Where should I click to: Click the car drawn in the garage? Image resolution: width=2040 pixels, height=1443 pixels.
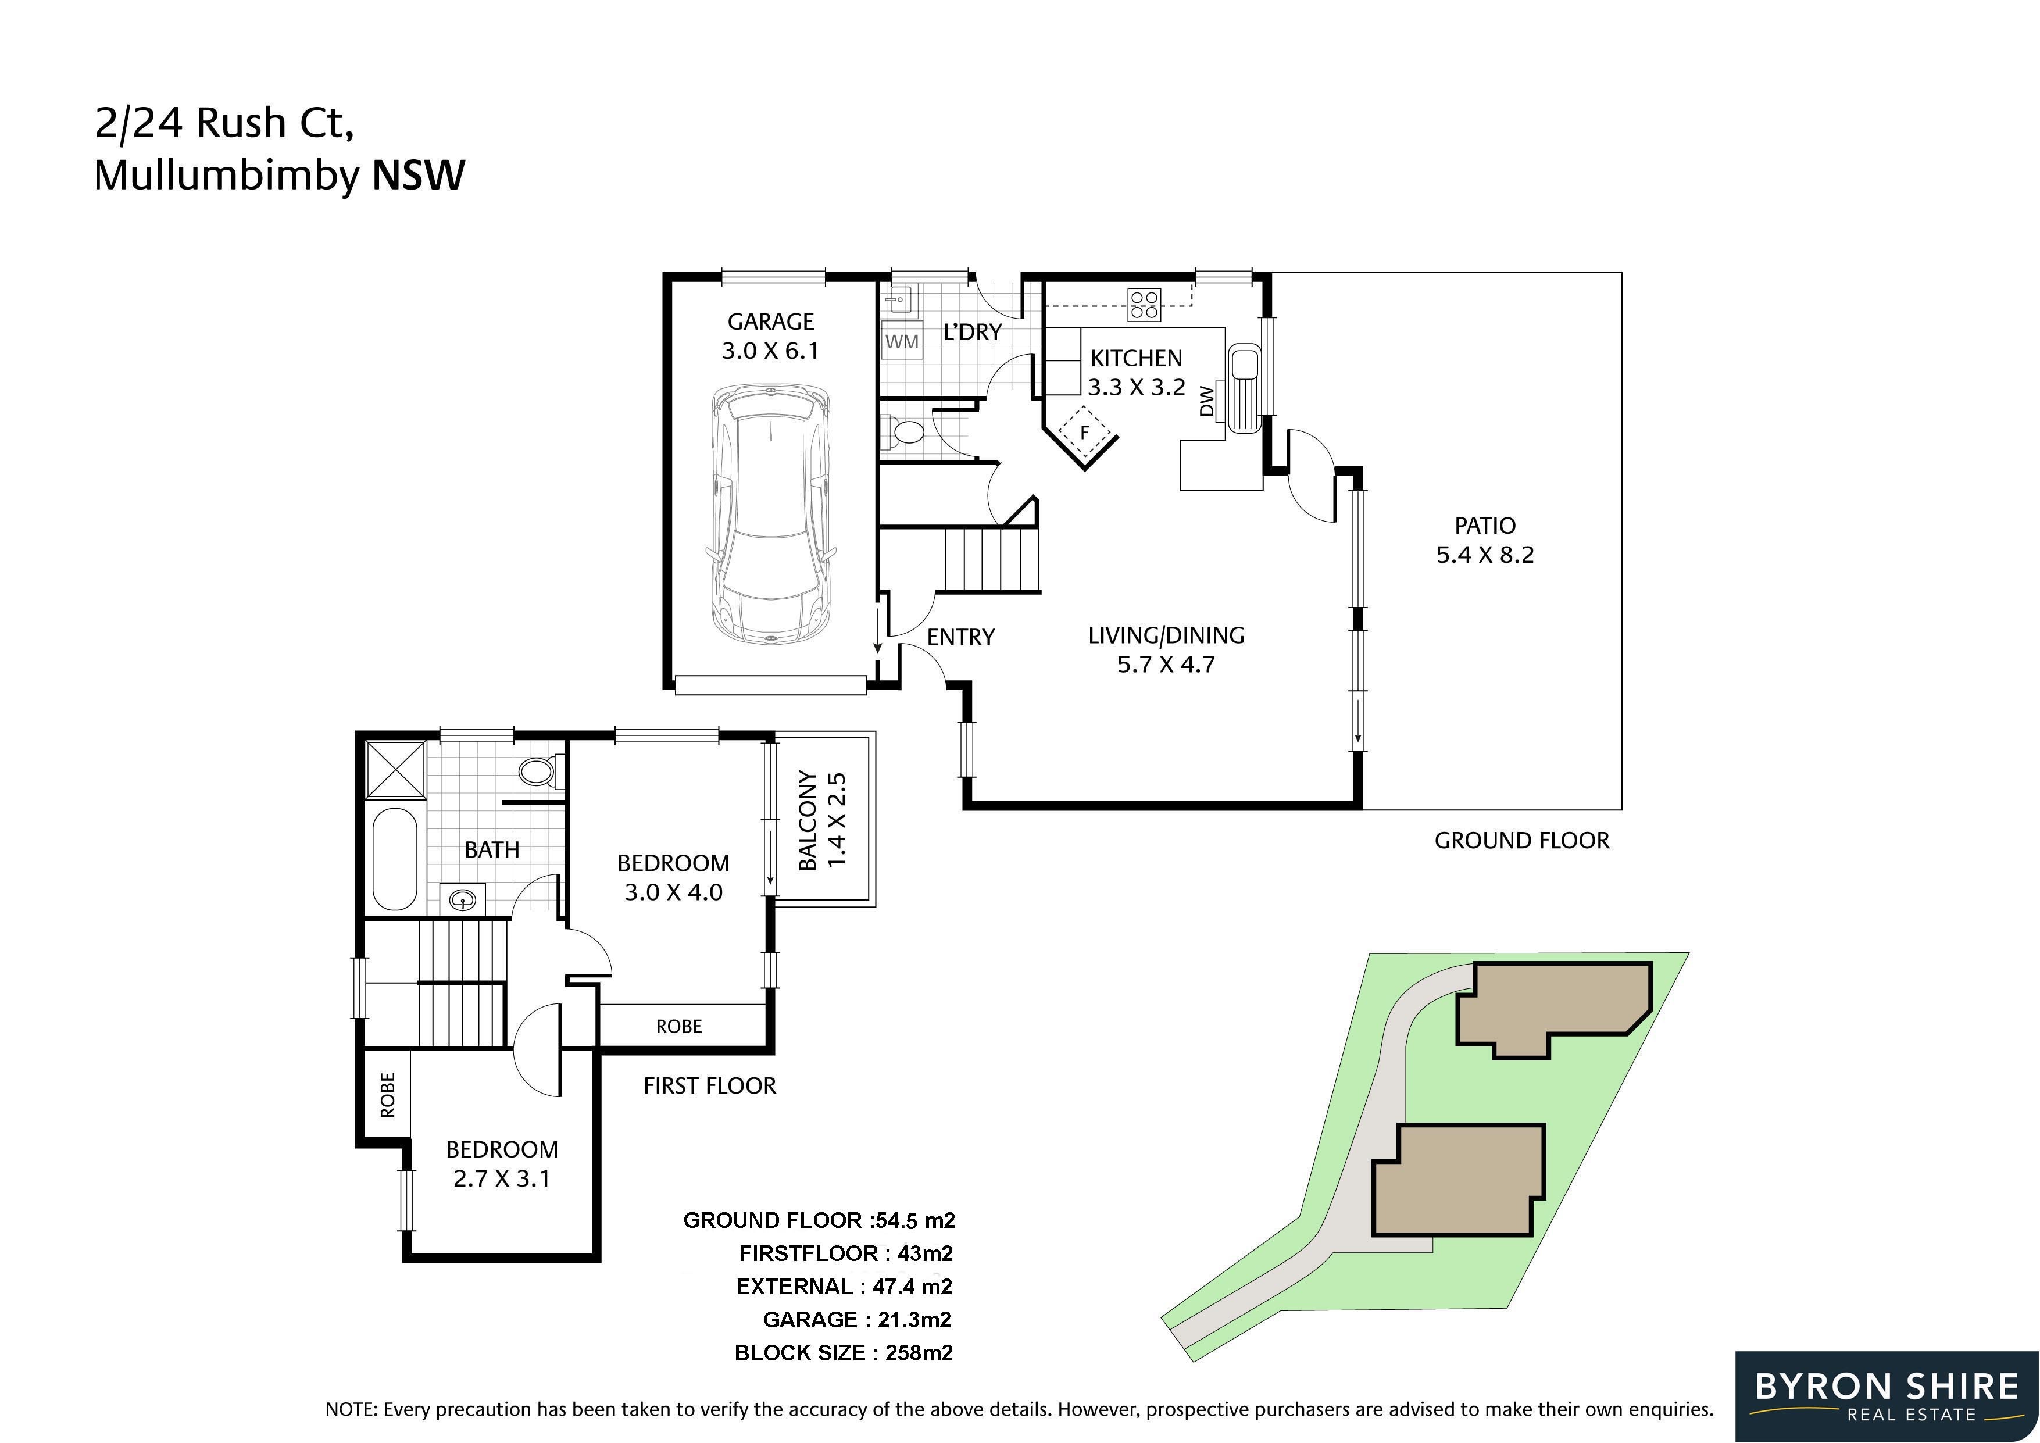[771, 515]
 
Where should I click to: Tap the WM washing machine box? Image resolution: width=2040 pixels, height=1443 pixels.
[902, 341]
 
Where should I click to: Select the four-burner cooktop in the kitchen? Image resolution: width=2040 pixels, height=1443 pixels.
[1144, 304]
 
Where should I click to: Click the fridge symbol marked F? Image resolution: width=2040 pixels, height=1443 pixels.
[1084, 434]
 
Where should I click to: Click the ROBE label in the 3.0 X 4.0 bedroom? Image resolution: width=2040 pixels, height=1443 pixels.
[679, 1026]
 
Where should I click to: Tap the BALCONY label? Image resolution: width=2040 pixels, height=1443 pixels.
[808, 820]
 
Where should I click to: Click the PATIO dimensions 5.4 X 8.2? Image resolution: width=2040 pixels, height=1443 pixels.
[1485, 555]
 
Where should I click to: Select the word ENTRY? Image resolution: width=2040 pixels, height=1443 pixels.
[960, 637]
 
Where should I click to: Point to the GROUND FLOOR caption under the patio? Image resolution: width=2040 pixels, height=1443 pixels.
[1522, 841]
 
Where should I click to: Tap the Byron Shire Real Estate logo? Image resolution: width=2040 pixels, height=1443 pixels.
[1887, 1396]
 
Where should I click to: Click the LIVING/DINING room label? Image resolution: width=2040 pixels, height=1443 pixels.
[1166, 635]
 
